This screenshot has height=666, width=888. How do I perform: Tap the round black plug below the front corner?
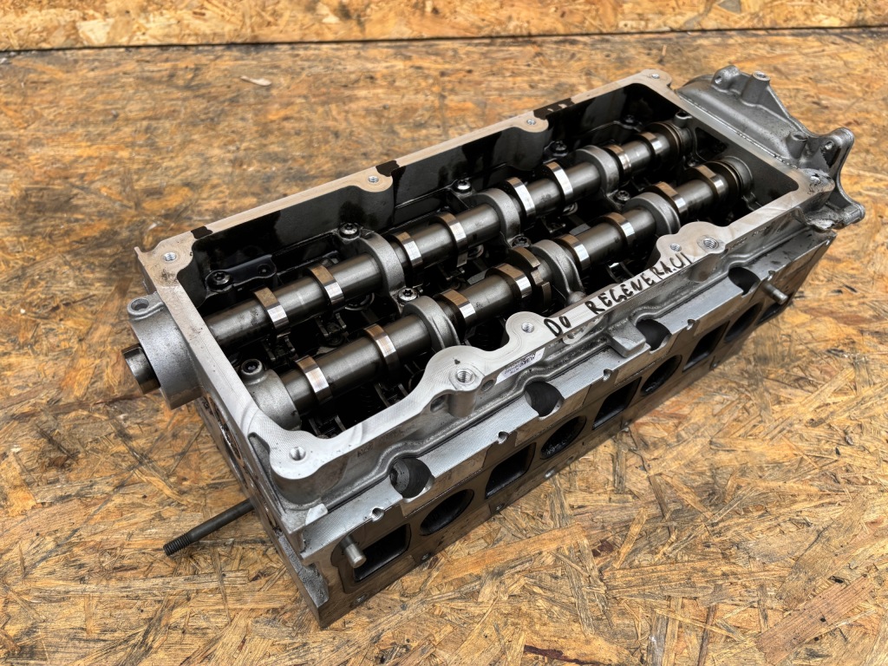(x=410, y=476)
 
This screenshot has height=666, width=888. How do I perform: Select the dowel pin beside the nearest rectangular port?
(x=350, y=550)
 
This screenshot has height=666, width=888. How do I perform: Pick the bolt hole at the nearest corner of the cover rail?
(x=297, y=453)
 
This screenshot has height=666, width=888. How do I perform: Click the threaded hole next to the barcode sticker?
(x=466, y=375)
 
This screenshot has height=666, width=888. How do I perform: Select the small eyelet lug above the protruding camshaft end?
(x=137, y=305)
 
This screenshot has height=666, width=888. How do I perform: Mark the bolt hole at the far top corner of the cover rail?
(x=653, y=78)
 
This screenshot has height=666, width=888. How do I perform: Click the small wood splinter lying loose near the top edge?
(x=256, y=81)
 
